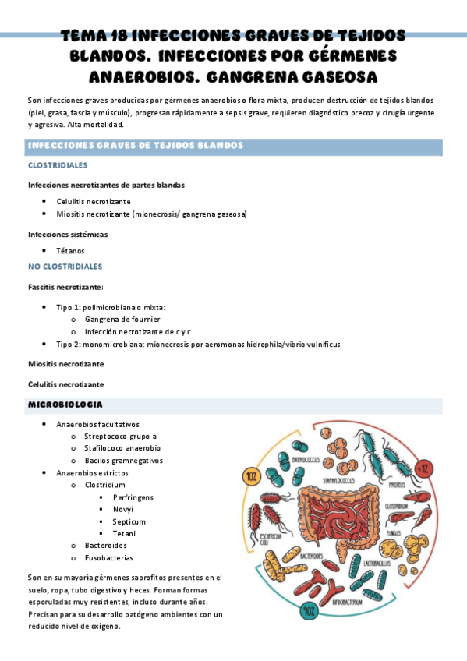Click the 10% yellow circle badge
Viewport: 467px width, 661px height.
[x=250, y=475]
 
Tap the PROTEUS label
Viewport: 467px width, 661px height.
[x=397, y=483]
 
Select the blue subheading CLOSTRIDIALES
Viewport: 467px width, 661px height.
[x=58, y=165]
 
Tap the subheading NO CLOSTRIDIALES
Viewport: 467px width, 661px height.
[x=65, y=267]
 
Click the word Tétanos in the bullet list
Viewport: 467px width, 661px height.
[x=70, y=251]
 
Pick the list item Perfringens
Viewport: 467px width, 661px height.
[x=133, y=497]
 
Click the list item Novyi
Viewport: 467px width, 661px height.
[x=123, y=509]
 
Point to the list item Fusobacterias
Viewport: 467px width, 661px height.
[x=108, y=557]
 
